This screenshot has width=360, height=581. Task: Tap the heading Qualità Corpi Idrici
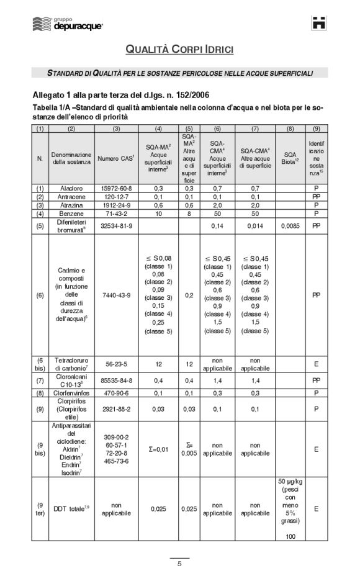pyautogui.click(x=180, y=49)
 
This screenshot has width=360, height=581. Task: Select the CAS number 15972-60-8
pyautogui.click(x=117, y=187)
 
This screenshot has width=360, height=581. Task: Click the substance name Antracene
pyautogui.click(x=71, y=196)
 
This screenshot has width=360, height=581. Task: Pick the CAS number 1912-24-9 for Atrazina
pyautogui.click(x=117, y=205)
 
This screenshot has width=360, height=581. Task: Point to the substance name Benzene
pyautogui.click(x=71, y=214)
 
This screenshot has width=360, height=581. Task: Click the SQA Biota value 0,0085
pyautogui.click(x=290, y=225)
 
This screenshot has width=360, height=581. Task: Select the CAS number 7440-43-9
pyautogui.click(x=117, y=295)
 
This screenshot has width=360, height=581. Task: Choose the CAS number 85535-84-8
pyautogui.click(x=117, y=379)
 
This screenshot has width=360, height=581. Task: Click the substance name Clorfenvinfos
pyautogui.click(x=71, y=392)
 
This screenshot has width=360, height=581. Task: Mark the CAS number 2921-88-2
pyautogui.click(x=117, y=409)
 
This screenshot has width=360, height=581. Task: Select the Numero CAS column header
pyautogui.click(x=117, y=158)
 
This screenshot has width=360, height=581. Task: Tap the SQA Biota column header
pyautogui.click(x=290, y=158)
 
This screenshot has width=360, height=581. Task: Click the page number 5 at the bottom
pyautogui.click(x=179, y=564)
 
